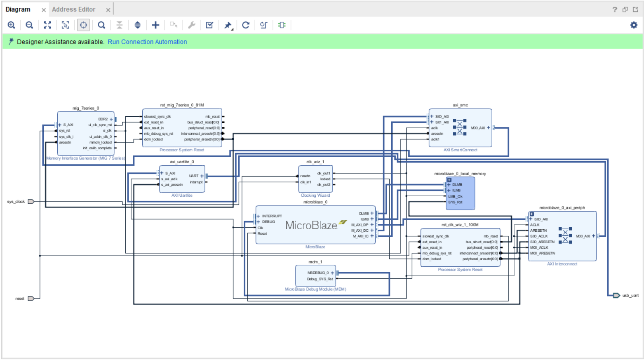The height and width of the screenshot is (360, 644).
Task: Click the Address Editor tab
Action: [73, 9]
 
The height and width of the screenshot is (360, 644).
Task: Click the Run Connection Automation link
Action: [147, 42]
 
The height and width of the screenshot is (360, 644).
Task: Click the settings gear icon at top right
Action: [634, 25]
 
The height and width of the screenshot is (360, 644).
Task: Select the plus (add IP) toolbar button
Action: [155, 25]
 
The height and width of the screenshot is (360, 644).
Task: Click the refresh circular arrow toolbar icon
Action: [246, 25]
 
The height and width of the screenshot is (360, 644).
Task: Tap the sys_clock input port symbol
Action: [31, 202]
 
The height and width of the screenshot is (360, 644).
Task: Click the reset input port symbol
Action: [31, 299]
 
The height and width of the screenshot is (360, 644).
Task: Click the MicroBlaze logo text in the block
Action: [312, 226]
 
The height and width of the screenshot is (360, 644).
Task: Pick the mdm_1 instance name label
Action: [315, 262]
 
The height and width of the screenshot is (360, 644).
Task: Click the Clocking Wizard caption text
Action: [315, 195]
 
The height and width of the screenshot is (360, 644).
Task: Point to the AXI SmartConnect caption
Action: [460, 150]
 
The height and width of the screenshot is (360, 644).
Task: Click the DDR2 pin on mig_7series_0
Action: [103, 119]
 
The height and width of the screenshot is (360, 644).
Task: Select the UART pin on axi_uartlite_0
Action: [194, 176]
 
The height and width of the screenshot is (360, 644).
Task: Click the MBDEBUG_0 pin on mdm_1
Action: [318, 273]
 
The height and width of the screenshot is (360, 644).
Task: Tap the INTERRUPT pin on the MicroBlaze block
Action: [272, 216]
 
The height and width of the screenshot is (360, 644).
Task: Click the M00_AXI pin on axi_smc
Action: [478, 128]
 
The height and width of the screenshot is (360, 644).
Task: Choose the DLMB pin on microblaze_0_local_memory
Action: [457, 185]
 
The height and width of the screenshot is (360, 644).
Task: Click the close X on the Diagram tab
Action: [44, 10]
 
